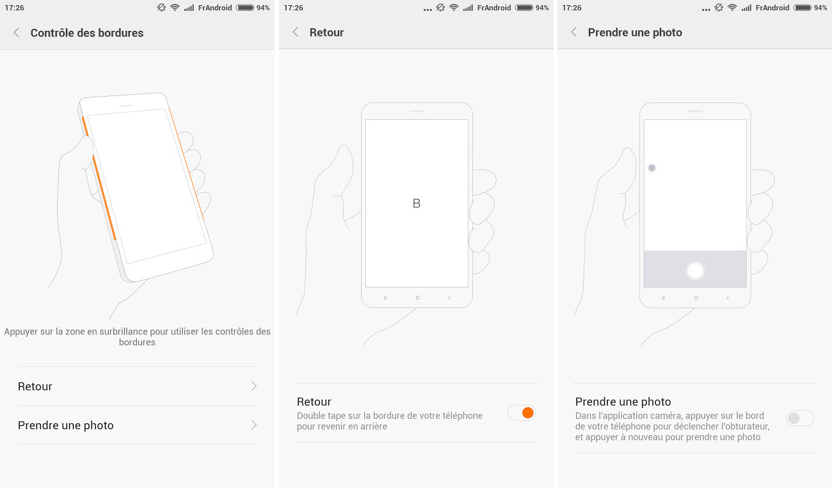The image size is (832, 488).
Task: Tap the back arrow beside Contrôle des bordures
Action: point(17,33)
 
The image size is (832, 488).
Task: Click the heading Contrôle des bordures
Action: point(87,33)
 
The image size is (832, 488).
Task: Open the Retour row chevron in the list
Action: point(254,386)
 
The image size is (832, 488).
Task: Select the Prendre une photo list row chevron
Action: point(254,425)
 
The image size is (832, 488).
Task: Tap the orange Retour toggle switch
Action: point(522,412)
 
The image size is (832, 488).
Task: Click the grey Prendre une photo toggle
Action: point(800,418)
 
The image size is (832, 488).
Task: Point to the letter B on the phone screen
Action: point(417,203)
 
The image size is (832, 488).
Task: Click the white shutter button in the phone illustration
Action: point(695,270)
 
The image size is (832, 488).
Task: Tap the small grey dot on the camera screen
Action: point(652,168)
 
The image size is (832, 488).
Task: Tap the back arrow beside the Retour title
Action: point(296,32)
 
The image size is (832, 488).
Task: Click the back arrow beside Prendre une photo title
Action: point(574,32)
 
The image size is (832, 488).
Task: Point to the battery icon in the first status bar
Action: point(246,8)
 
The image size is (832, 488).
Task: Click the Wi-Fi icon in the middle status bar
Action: point(454,8)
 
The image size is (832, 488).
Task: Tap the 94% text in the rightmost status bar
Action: point(820,8)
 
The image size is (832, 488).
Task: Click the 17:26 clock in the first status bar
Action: point(15,8)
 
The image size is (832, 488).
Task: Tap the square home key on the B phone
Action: point(417,298)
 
